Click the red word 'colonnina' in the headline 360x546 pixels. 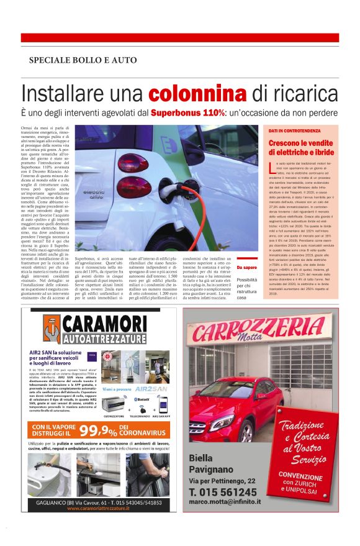click(197, 95)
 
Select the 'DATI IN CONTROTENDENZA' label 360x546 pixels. click(295, 132)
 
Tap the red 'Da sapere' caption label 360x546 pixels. click(246, 268)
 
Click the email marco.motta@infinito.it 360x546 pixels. click(224, 502)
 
